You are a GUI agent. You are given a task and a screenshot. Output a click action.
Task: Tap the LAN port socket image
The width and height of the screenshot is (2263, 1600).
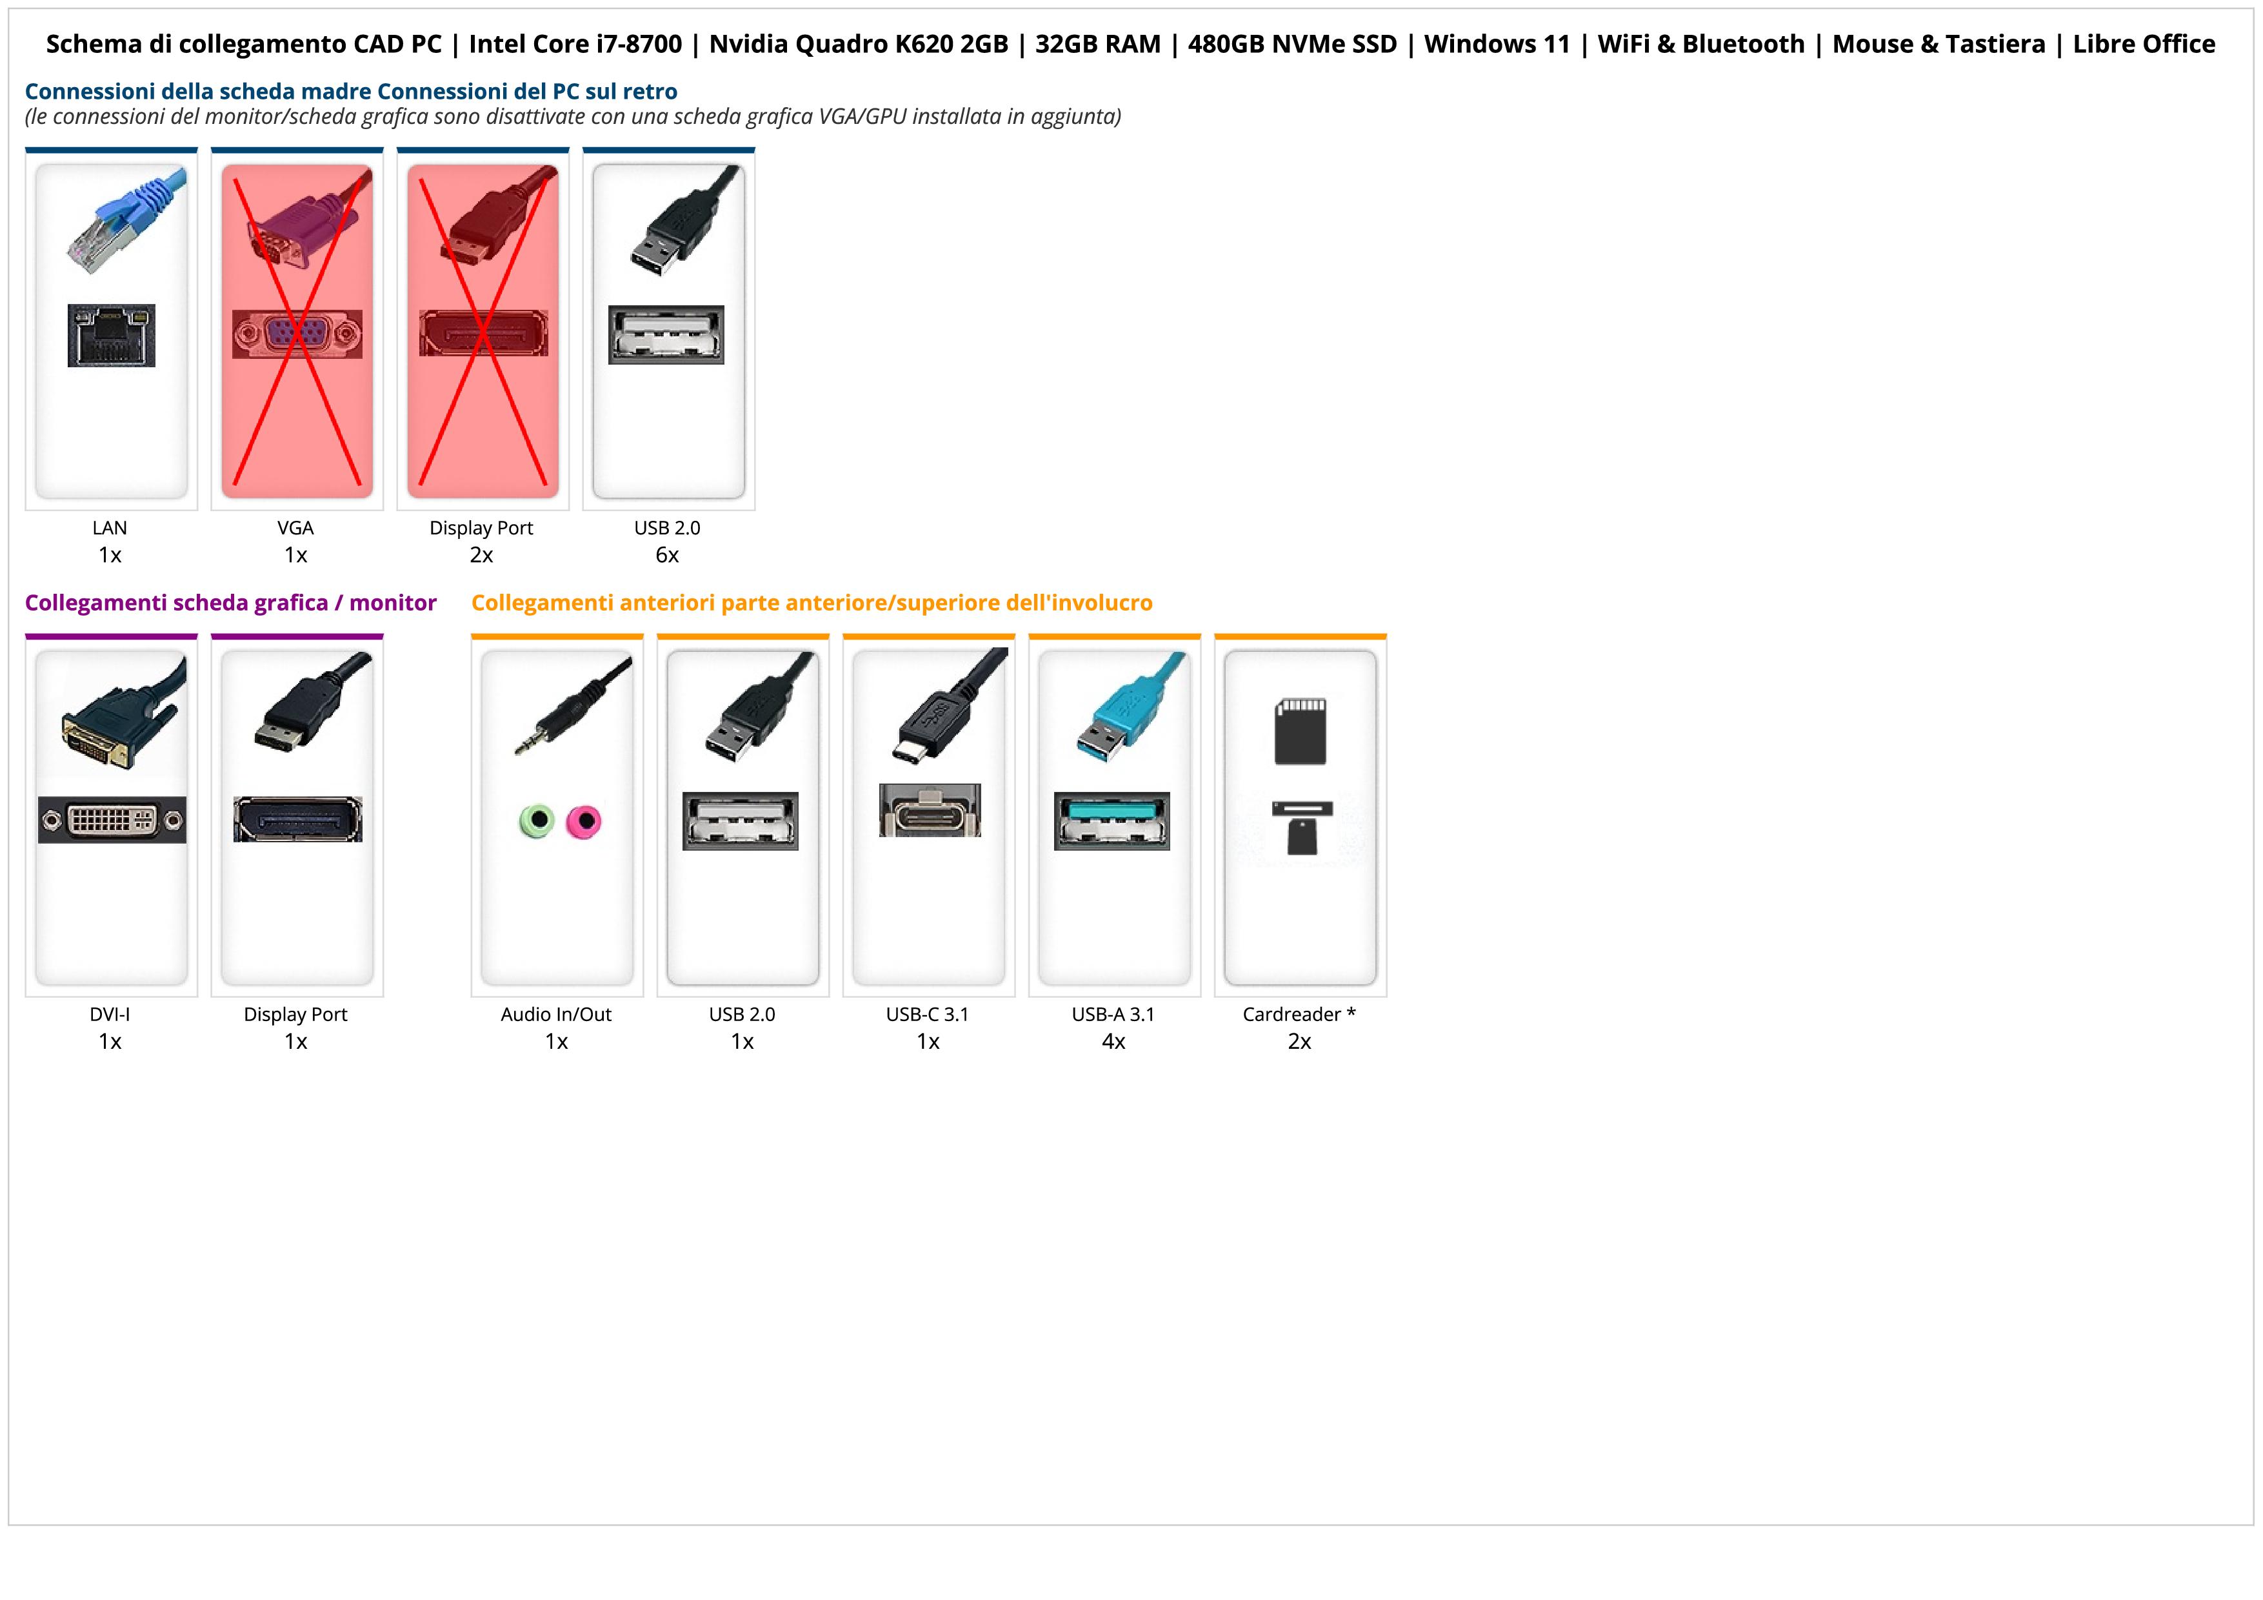pyautogui.click(x=112, y=335)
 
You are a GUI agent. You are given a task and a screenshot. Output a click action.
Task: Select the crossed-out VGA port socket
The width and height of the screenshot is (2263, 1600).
pyautogui.click(x=297, y=334)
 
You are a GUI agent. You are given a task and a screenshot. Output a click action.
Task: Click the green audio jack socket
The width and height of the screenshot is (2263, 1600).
pyautogui.click(x=536, y=820)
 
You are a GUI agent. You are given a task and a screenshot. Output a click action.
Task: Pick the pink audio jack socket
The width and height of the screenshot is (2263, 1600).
pyautogui.click(x=584, y=820)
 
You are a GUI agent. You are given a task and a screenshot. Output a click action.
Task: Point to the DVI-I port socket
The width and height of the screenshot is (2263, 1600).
pyautogui.click(x=112, y=819)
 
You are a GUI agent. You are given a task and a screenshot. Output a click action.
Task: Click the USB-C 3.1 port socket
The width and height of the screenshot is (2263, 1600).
pyautogui.click(x=930, y=811)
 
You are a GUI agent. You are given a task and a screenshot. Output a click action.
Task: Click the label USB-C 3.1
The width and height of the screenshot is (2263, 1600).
pyautogui.click(x=928, y=1015)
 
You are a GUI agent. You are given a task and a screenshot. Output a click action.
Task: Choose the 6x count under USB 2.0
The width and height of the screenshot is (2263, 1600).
pyautogui.click(x=667, y=555)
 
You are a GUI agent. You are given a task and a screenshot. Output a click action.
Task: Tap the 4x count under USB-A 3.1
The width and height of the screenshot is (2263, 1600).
pyautogui.click(x=1113, y=1042)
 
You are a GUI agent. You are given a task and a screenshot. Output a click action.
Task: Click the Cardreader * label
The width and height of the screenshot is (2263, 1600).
pyautogui.click(x=1299, y=1015)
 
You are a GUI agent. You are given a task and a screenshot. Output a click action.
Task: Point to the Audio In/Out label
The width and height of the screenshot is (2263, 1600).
pyautogui.click(x=556, y=1015)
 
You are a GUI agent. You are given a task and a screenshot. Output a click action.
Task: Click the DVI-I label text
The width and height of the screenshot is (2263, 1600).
pyautogui.click(x=110, y=1015)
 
